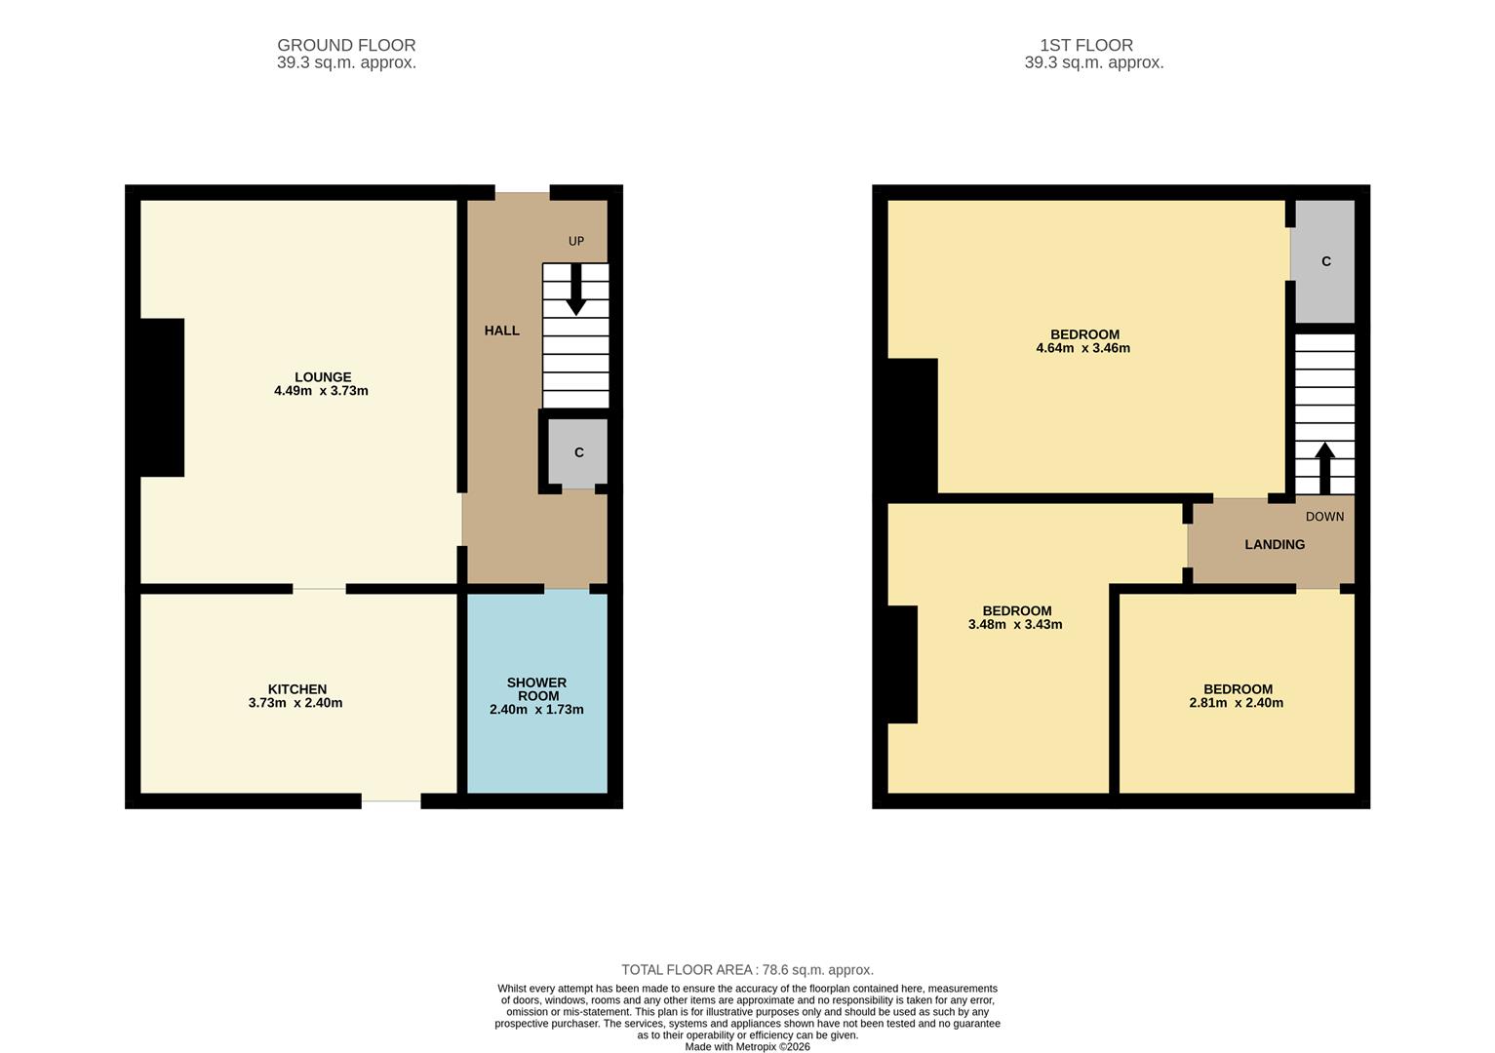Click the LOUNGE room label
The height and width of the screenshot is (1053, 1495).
pyautogui.click(x=323, y=377)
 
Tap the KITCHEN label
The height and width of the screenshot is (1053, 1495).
pyautogui.click(x=296, y=689)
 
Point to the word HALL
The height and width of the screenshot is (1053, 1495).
pyautogui.click(x=501, y=331)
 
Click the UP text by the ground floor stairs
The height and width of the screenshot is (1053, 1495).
pyautogui.click(x=576, y=241)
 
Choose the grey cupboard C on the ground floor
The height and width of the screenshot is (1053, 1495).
pyautogui.click(x=578, y=452)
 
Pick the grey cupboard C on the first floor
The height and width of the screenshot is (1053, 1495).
pyautogui.click(x=1325, y=261)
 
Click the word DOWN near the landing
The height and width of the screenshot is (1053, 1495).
pyautogui.click(x=1324, y=517)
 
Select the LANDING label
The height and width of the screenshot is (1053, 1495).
pyautogui.click(x=1274, y=544)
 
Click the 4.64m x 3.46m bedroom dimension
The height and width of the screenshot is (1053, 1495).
pyautogui.click(x=1082, y=348)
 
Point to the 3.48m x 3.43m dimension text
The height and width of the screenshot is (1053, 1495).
pyautogui.click(x=1014, y=625)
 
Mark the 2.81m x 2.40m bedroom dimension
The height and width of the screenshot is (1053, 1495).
pyautogui.click(x=1236, y=703)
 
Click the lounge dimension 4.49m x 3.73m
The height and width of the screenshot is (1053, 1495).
pyautogui.click(x=321, y=391)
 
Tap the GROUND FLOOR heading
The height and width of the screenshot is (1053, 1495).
pyautogui.click(x=346, y=45)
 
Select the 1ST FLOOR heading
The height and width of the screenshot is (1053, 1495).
pyautogui.click(x=1085, y=45)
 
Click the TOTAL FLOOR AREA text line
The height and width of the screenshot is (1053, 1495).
pyautogui.click(x=747, y=969)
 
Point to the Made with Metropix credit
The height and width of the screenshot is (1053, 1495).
pyautogui.click(x=747, y=1047)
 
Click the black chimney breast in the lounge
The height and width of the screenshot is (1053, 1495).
pyautogui.click(x=162, y=398)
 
